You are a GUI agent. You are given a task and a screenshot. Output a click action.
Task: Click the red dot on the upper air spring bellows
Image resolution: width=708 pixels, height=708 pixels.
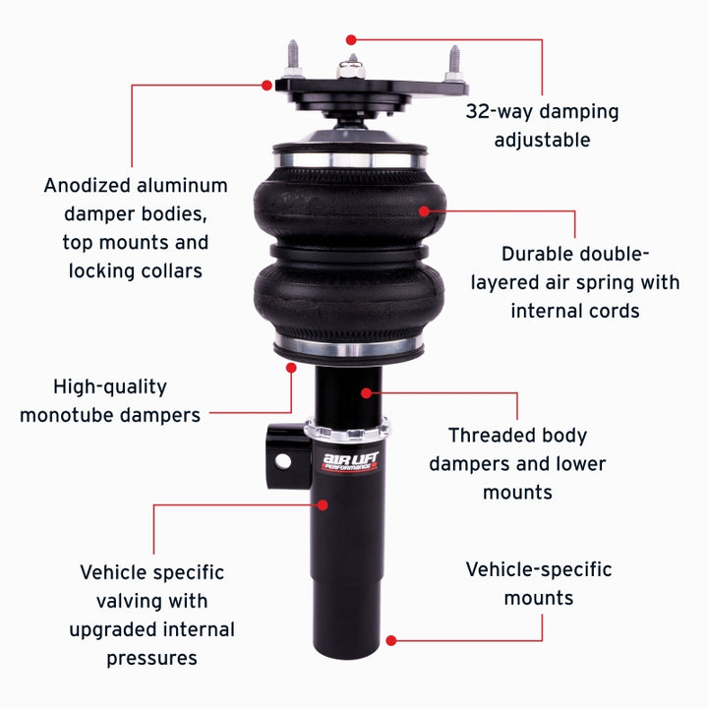click(x=425, y=209)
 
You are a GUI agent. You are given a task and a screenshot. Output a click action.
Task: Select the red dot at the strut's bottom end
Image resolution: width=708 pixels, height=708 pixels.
click(x=390, y=640)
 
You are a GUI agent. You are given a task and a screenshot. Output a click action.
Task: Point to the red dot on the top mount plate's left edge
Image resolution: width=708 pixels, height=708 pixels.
click(x=266, y=86)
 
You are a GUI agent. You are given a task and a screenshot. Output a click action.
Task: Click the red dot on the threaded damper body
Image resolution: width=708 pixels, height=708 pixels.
click(x=366, y=392)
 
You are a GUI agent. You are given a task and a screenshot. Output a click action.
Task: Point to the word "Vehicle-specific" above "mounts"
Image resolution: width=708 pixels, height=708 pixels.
click(x=538, y=569)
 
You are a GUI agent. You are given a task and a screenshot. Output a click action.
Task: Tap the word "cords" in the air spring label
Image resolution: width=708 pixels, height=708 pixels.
click(x=608, y=311)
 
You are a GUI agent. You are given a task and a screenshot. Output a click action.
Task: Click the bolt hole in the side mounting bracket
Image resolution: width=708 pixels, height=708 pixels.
click(x=283, y=460)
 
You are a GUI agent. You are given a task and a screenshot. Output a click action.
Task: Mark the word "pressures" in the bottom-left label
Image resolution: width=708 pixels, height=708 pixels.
click(x=151, y=658)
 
